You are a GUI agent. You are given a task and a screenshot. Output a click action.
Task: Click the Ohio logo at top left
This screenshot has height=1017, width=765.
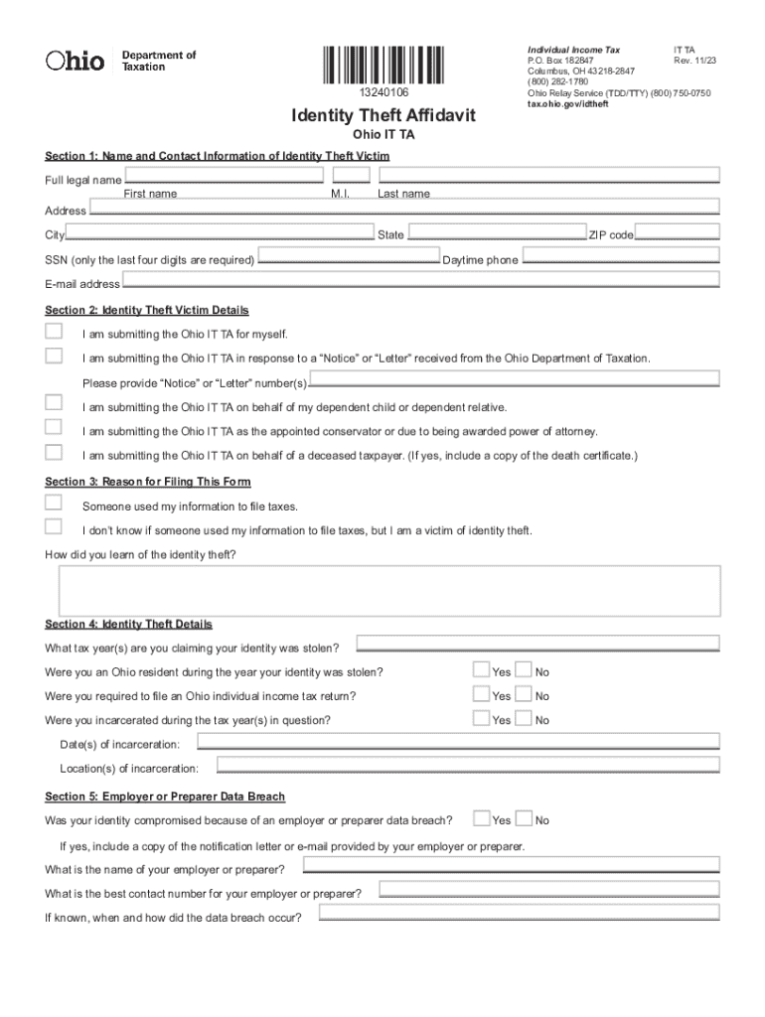(x=76, y=61)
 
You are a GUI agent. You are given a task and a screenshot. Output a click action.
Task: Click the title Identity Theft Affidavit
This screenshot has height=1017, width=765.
(x=382, y=116)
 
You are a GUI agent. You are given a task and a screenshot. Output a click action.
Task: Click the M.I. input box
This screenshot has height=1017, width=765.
(x=350, y=177)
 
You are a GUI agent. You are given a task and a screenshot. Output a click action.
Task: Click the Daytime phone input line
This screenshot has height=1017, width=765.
(x=620, y=256)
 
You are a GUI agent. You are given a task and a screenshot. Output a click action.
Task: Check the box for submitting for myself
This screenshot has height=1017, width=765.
(x=54, y=332)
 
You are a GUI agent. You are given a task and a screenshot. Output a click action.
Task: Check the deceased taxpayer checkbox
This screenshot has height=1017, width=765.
(x=54, y=453)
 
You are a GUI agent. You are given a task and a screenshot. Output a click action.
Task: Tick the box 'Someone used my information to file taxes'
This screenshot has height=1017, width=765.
(x=54, y=504)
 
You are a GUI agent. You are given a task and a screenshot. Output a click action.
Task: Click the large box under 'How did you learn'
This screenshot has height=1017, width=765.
(x=389, y=591)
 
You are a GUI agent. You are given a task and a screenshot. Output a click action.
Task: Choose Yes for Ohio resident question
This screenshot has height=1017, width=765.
(x=482, y=670)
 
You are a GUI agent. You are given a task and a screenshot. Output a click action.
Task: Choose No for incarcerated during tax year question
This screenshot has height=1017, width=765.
(x=525, y=718)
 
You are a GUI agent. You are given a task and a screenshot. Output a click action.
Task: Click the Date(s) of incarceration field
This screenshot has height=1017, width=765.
(x=458, y=742)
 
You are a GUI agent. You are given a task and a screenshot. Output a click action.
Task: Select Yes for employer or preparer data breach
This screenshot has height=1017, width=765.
(x=482, y=818)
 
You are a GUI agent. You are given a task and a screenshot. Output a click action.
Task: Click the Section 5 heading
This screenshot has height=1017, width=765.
(x=165, y=797)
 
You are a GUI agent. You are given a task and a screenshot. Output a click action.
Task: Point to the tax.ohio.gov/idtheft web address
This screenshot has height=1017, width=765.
(x=567, y=104)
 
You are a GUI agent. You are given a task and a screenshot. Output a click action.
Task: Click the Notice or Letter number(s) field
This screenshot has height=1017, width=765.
(x=515, y=380)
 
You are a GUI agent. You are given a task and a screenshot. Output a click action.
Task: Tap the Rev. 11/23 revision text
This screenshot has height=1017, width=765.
(x=694, y=61)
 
